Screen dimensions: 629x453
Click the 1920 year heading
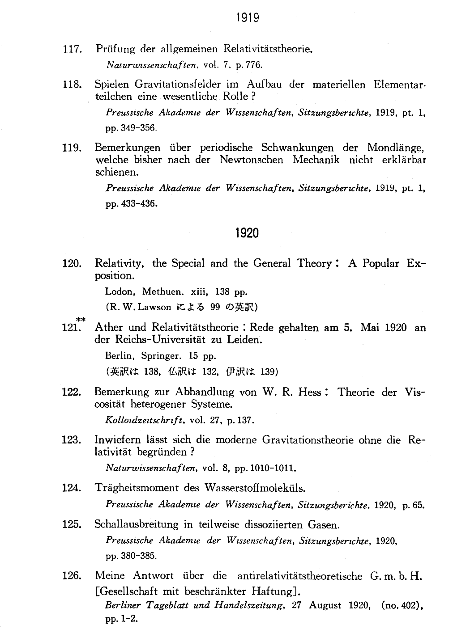click(247, 233)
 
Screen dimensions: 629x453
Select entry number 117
click(72, 49)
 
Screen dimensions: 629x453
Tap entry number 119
click(72, 148)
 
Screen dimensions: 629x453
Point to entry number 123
click(72, 440)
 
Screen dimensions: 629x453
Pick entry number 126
click(72, 576)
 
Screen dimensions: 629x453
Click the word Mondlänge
click(395, 148)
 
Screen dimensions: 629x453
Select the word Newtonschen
click(251, 160)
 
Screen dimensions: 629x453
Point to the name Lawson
click(154, 307)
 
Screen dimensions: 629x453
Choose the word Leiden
click(244, 340)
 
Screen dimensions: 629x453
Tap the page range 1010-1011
click(273, 469)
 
